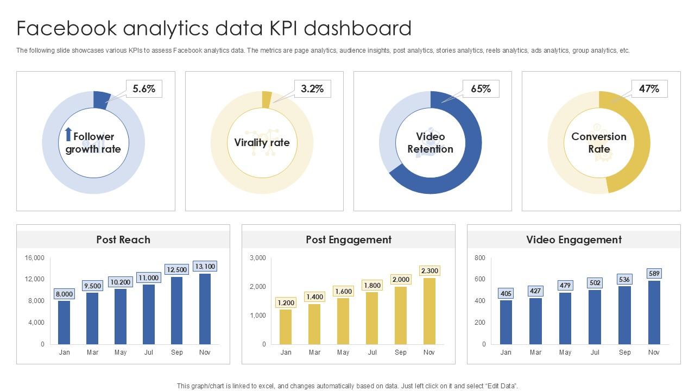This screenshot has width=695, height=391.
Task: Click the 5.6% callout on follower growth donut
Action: coord(144,89)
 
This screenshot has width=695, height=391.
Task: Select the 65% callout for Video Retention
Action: coord(481,89)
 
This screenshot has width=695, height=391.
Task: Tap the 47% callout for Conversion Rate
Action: coord(649,89)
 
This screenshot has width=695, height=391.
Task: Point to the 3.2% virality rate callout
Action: coord(312,89)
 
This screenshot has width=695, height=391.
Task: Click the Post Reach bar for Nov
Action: coord(205,309)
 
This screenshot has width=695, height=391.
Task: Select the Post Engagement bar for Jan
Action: coord(286,327)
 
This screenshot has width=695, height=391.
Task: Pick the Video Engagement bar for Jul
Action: coord(595,317)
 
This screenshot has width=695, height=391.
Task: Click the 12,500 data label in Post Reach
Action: coord(176,269)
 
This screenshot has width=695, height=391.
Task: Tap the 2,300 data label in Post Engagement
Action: coord(429,270)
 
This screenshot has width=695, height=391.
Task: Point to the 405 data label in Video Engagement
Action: coord(506,293)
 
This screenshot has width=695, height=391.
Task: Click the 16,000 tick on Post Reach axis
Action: coord(35,258)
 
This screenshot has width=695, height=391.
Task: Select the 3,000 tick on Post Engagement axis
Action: coord(257,258)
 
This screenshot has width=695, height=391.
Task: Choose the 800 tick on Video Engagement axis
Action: coord(479,258)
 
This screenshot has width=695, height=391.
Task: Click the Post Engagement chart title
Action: coord(349,239)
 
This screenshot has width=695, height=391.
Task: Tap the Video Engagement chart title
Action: coord(574,239)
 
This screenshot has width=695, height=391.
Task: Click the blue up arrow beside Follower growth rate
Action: coord(68,135)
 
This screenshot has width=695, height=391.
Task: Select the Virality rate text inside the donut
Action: coord(262,142)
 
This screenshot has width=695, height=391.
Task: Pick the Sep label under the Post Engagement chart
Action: coord(400,352)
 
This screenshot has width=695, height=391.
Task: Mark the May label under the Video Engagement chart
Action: coord(565,352)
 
